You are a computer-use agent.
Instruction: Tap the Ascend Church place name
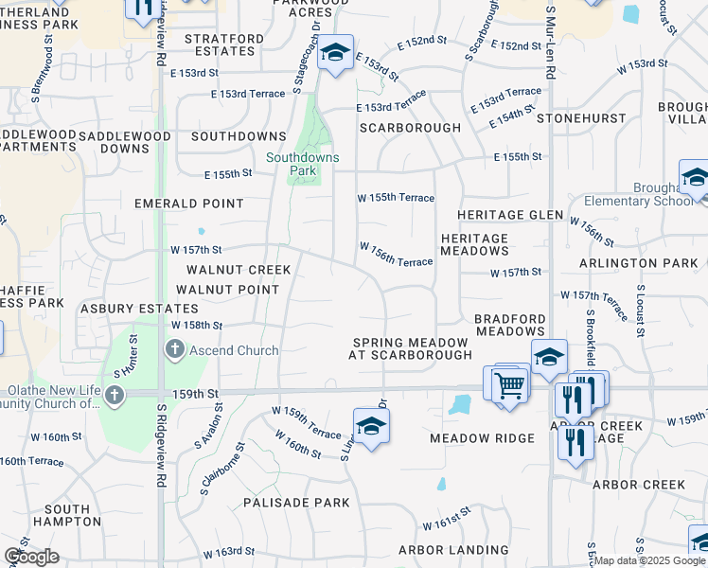(233, 350)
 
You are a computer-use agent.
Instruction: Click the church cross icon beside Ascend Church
(174, 350)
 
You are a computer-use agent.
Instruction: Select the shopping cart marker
(509, 384)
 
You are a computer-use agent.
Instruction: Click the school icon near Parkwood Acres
(334, 53)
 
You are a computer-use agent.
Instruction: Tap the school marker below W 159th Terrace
(372, 426)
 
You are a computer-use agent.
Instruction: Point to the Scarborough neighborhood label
(410, 127)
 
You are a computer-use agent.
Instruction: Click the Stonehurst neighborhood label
(581, 118)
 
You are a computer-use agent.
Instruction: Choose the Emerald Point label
(188, 204)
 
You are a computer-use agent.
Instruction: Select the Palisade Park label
(296, 503)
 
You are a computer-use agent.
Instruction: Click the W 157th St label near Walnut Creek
(196, 250)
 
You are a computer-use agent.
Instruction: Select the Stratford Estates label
(224, 44)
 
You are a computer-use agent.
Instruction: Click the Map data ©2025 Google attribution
(649, 560)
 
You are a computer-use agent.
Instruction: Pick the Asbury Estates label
(139, 309)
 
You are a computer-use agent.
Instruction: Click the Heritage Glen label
(511, 215)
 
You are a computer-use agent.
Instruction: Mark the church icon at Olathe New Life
(115, 396)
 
